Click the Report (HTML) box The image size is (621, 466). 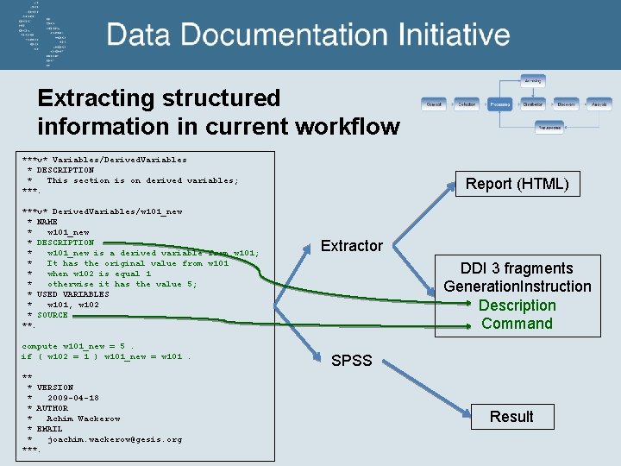click(517, 183)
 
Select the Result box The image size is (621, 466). click(511, 417)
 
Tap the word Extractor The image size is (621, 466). click(351, 246)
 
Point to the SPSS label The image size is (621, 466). click(351, 360)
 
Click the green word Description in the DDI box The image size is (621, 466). click(517, 305)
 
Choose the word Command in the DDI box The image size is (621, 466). click(517, 324)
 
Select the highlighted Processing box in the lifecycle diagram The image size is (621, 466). click(499, 104)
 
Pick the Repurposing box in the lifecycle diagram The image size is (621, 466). click(549, 127)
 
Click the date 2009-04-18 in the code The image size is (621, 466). click(72, 398)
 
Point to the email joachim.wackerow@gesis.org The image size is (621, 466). click(114, 439)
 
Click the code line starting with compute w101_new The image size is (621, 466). click(78, 346)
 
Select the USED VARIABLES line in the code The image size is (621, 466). click(72, 294)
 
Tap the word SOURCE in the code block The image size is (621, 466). click(52, 315)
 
